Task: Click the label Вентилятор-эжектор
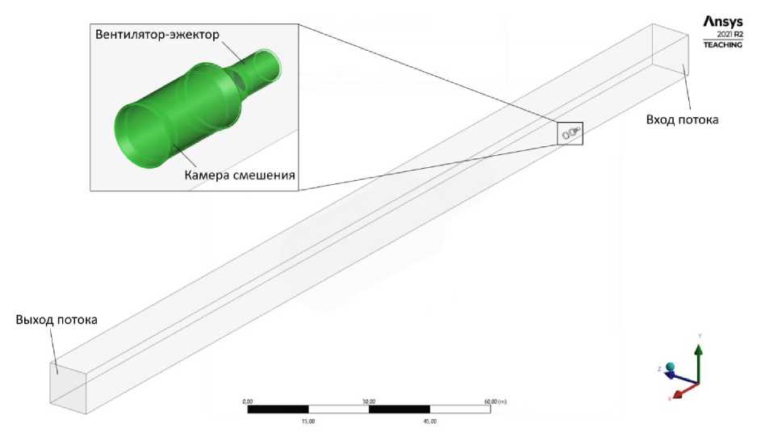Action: pos(157,35)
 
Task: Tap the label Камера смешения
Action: pos(240,174)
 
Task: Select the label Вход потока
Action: pos(682,119)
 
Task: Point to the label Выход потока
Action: pos(56,320)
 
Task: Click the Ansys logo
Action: pos(723,22)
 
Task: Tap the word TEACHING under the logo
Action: pos(723,44)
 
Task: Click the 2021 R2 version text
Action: pos(730,35)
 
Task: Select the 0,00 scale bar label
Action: pos(248,401)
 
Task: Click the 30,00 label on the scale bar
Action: pos(369,401)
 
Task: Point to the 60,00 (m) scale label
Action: pos(495,401)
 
